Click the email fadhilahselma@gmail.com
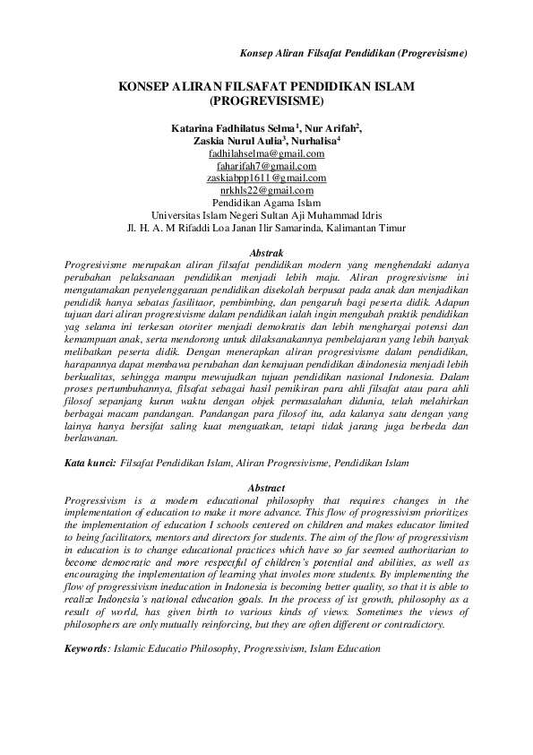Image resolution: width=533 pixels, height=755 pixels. (266, 154)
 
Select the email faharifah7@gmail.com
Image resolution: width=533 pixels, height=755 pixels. (266, 166)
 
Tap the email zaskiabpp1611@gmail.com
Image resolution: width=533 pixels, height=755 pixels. (266, 178)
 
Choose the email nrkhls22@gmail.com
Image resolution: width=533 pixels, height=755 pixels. (266, 189)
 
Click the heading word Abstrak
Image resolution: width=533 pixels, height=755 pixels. (265, 255)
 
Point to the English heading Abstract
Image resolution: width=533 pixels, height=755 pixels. (265, 488)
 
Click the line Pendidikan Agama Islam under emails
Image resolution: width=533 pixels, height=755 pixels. (266, 202)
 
